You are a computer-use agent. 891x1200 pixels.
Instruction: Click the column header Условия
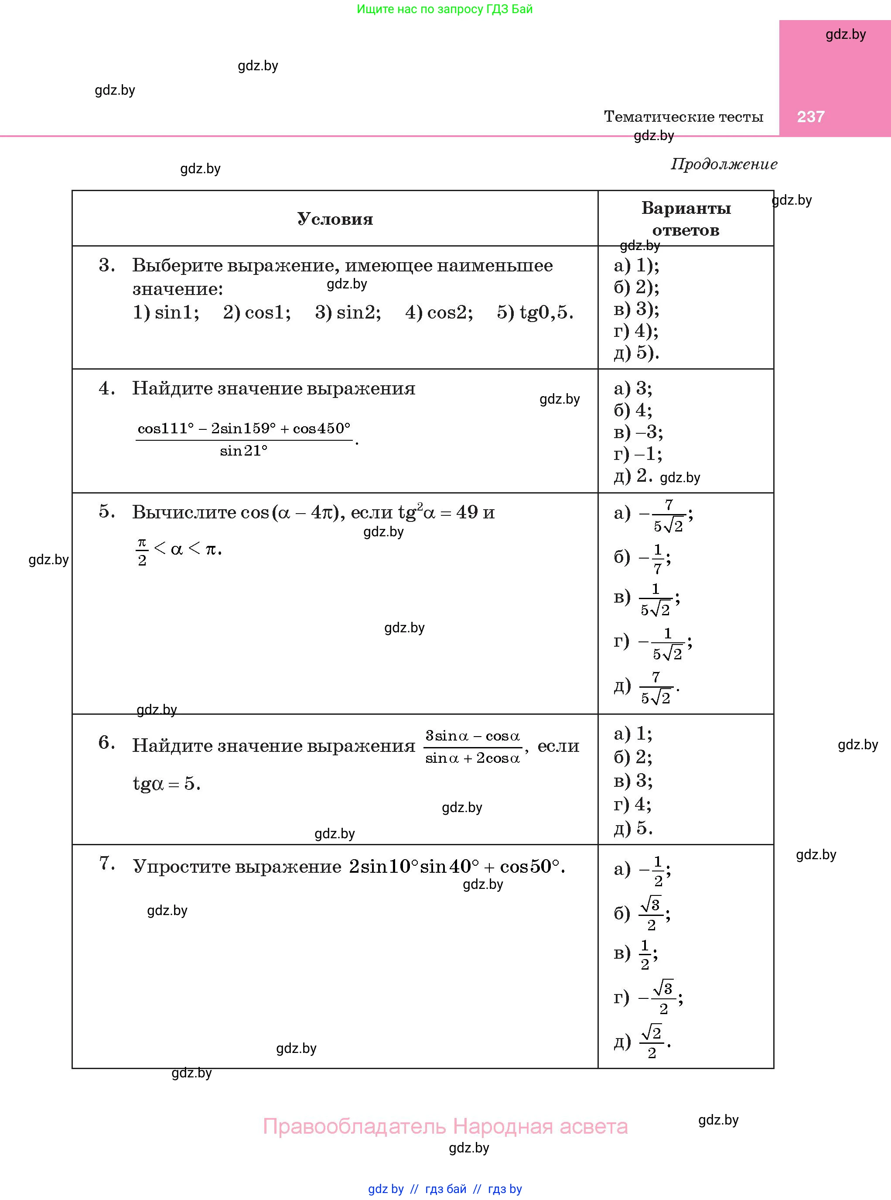click(335, 219)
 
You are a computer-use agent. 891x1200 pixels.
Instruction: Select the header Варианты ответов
click(686, 219)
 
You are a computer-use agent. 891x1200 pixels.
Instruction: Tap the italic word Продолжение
click(724, 164)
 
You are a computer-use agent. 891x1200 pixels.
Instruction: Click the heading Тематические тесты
click(683, 117)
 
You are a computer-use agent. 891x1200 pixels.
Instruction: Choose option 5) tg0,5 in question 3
click(535, 312)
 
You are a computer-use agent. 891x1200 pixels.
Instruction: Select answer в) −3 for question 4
click(638, 432)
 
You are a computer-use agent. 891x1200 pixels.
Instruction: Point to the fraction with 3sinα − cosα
click(472, 747)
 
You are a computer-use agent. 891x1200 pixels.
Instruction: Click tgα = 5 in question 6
click(167, 783)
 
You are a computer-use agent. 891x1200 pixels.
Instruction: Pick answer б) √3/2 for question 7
click(642, 913)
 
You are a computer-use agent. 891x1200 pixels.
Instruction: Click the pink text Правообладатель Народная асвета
click(445, 1127)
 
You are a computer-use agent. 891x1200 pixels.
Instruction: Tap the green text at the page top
click(444, 9)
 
